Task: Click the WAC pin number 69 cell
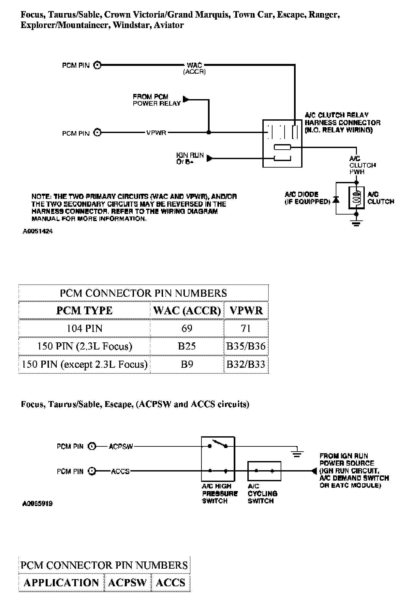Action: (187, 328)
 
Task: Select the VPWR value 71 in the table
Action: (246, 328)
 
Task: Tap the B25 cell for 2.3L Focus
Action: (187, 346)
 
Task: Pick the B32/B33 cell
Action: (246, 364)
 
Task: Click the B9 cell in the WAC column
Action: (187, 364)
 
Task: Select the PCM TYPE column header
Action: (84, 310)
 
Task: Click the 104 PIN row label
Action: (84, 328)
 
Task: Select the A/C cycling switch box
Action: (264, 471)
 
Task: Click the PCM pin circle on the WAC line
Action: (97, 65)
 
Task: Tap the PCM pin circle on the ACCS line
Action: (92, 471)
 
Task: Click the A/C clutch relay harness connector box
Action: (282, 143)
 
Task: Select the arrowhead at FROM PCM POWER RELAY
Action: (186, 98)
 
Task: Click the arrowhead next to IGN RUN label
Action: (210, 159)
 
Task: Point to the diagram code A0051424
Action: (37, 232)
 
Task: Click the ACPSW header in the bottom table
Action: (127, 583)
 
